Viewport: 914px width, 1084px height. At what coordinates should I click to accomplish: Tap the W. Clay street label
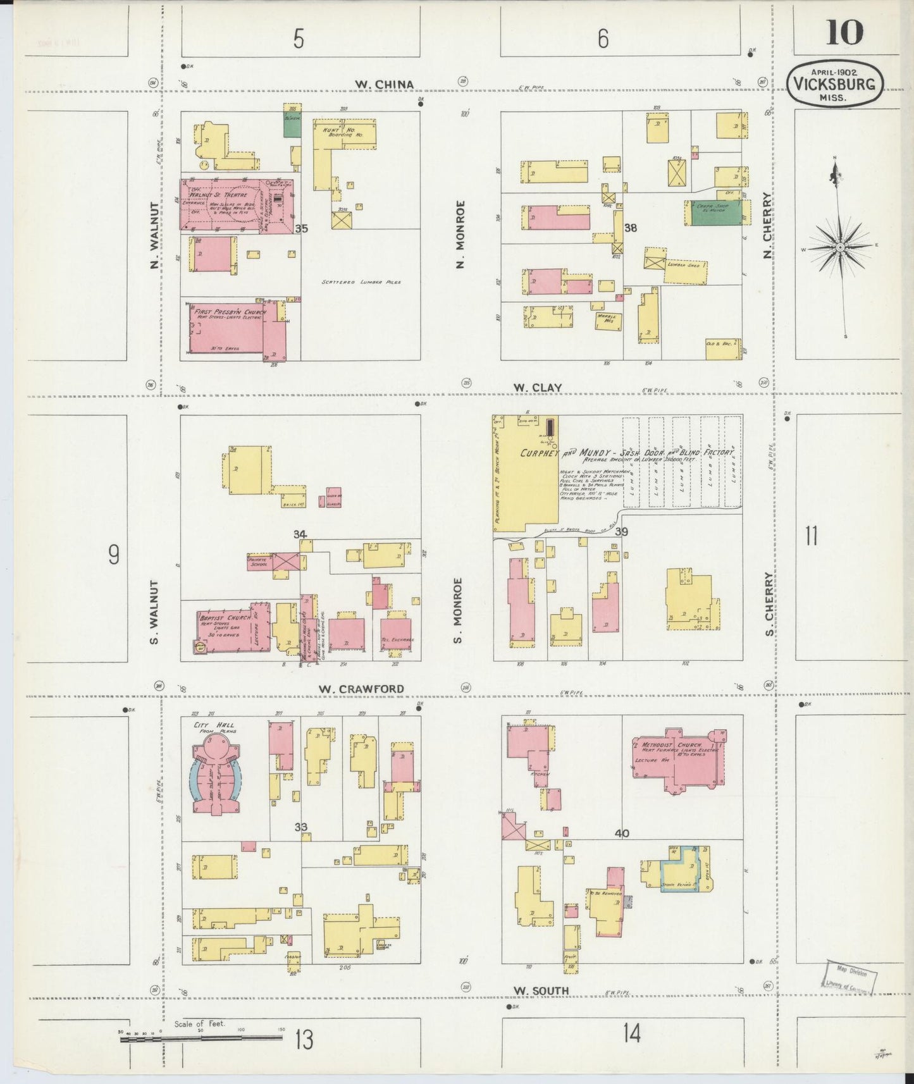[529, 388]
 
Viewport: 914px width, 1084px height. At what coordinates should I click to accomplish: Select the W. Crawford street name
[361, 689]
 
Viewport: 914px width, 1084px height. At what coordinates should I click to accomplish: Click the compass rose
[839, 247]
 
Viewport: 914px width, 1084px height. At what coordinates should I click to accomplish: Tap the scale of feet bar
[202, 1038]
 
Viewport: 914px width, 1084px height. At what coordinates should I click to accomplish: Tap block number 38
[631, 228]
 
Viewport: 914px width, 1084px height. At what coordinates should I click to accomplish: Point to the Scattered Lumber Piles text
[361, 282]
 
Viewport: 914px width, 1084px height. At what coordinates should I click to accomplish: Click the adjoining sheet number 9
[114, 555]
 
